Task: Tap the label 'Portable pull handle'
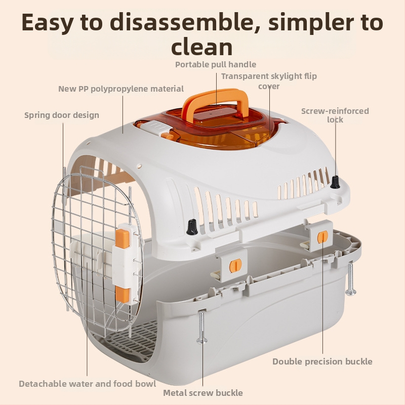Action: [216, 65]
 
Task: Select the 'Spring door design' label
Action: [62, 115]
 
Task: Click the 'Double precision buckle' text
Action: [322, 361]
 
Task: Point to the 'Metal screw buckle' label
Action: [203, 393]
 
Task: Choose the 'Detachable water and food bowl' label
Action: [87, 384]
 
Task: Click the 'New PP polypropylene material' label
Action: [121, 89]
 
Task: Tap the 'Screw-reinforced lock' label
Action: [335, 115]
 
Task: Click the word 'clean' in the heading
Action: [201, 47]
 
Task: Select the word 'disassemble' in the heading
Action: [181, 22]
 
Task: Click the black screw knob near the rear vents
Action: [335, 182]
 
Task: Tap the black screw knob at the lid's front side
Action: [192, 227]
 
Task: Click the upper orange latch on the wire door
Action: [123, 238]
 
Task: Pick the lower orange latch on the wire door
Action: [123, 295]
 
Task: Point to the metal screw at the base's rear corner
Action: [350, 279]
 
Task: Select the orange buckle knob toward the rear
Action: [322, 236]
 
